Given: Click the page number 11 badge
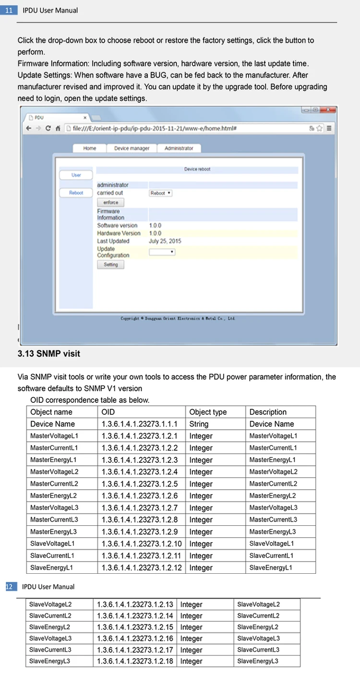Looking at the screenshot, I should [8, 10].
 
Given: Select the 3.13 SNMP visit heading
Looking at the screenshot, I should [49, 354].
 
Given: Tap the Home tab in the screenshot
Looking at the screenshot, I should [90, 148].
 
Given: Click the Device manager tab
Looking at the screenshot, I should [132, 148].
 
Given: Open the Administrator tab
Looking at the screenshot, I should [179, 148].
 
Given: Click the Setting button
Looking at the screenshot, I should [110, 265].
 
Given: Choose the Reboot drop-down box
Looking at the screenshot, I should [161, 193].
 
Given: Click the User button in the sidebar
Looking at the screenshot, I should [76, 175].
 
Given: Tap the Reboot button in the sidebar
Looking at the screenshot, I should [76, 193].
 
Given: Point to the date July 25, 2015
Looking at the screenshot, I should [165, 241].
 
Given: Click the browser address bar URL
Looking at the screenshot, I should [154, 128].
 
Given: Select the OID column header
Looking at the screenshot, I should [108, 412].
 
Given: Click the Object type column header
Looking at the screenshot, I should [208, 412].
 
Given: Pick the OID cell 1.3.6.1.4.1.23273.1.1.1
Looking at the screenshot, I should [140, 424].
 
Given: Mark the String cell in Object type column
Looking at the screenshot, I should [199, 424].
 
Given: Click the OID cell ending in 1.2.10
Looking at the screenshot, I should [142, 544].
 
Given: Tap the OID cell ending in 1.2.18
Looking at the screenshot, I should [135, 661].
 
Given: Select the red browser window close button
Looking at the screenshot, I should [329, 110].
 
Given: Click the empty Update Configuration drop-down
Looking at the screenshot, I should [162, 252].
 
